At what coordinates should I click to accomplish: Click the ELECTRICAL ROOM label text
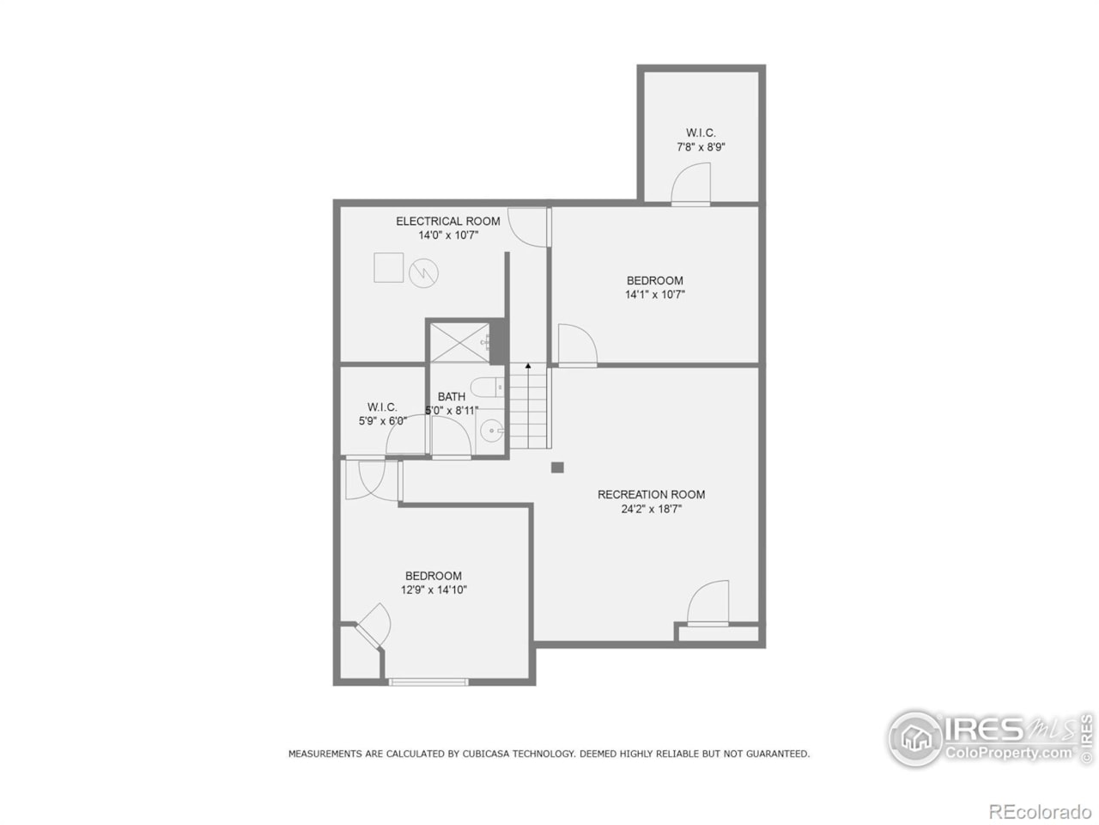coord(447,221)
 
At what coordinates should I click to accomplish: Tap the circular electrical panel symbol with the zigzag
coord(423,273)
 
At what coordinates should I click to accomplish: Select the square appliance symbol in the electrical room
coord(388,267)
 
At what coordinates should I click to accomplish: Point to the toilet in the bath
coord(486,387)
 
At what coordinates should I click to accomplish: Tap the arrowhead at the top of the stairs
coord(528,366)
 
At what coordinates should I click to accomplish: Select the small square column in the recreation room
coord(557,467)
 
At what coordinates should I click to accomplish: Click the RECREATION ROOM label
coord(651,494)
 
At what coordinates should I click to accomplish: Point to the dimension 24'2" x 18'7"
coord(651,509)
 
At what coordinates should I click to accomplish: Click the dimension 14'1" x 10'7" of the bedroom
coord(654,295)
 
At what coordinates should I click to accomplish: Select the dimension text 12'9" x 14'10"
coord(434,590)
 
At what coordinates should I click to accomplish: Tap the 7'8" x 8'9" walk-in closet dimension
coord(701,147)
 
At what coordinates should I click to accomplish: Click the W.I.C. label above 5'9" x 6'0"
coord(382,406)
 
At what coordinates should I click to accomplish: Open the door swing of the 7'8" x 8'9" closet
coord(691,185)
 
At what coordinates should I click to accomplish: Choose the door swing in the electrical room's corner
coord(527,227)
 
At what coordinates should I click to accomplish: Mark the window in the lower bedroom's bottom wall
coord(428,681)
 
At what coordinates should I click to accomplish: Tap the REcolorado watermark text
coord(1039,811)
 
